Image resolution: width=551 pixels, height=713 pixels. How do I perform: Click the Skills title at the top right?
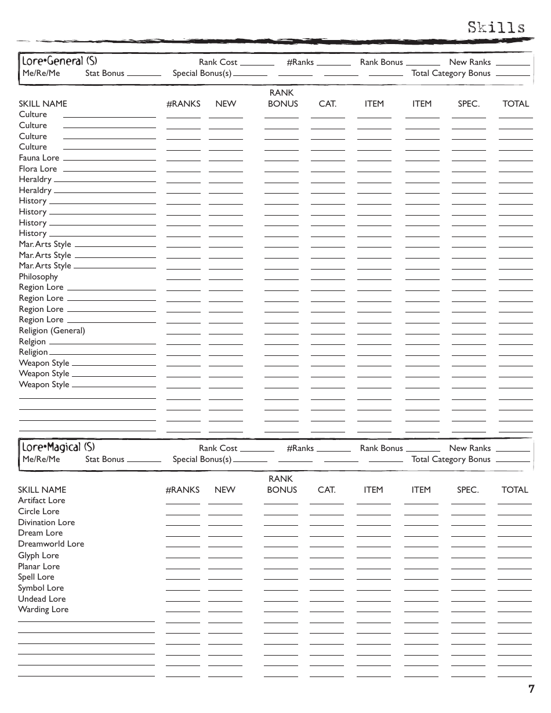pyautogui.click(x=496, y=27)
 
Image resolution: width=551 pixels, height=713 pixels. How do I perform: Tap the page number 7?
pyautogui.click(x=531, y=689)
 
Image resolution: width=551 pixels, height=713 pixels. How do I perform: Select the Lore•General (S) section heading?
pyautogui.click(x=59, y=61)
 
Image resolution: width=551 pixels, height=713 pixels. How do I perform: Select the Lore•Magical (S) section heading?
pyautogui.click(x=58, y=447)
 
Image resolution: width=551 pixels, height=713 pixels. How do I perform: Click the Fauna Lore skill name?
pyautogui.click(x=39, y=158)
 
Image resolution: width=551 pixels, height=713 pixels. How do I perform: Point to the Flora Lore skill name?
pyautogui.click(x=38, y=169)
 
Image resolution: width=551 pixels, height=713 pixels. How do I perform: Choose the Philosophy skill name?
pyautogui.click(x=38, y=277)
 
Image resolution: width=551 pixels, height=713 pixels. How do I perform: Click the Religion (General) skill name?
pyautogui.click(x=52, y=330)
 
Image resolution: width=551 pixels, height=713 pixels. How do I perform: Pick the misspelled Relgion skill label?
pyautogui.click(x=32, y=341)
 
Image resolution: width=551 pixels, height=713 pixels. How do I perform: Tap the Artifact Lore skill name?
pyautogui.click(x=41, y=500)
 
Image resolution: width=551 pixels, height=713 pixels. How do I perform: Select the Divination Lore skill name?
pyautogui.click(x=46, y=522)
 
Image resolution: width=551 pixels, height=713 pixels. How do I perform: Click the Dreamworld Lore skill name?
pyautogui.click(x=50, y=544)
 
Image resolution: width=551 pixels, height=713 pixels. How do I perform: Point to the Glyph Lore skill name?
pyautogui.click(x=38, y=555)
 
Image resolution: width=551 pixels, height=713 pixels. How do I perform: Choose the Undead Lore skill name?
pyautogui.click(x=41, y=599)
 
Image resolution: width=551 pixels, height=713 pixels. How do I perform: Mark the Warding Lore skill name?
pyautogui.click(x=43, y=609)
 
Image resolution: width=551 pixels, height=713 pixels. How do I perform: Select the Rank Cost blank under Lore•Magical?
pyautogui.click(x=257, y=450)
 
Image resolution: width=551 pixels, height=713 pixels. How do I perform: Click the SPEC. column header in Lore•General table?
pyautogui.click(x=469, y=104)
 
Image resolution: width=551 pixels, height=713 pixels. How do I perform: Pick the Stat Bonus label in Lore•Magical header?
pyautogui.click(x=104, y=459)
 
